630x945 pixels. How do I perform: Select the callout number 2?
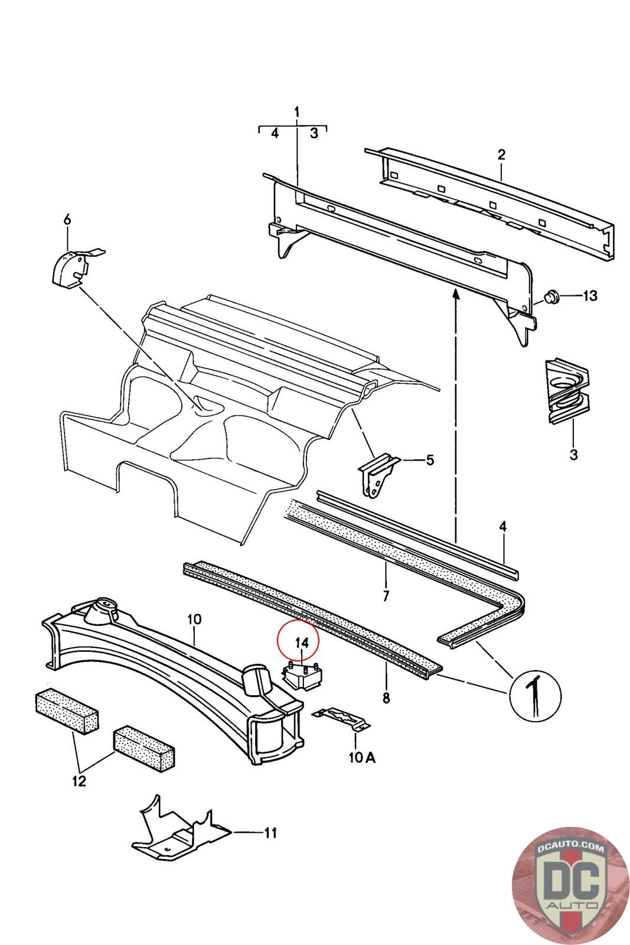501,155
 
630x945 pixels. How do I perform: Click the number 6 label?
67,220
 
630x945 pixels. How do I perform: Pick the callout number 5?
429,459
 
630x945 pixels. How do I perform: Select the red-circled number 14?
302,641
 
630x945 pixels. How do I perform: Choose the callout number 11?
270,833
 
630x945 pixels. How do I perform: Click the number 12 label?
79,781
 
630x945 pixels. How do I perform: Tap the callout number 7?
386,596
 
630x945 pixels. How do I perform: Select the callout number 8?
386,698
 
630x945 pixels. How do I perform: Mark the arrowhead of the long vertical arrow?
456,295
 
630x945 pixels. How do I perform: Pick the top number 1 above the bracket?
297,112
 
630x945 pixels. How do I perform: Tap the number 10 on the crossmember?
194,620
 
